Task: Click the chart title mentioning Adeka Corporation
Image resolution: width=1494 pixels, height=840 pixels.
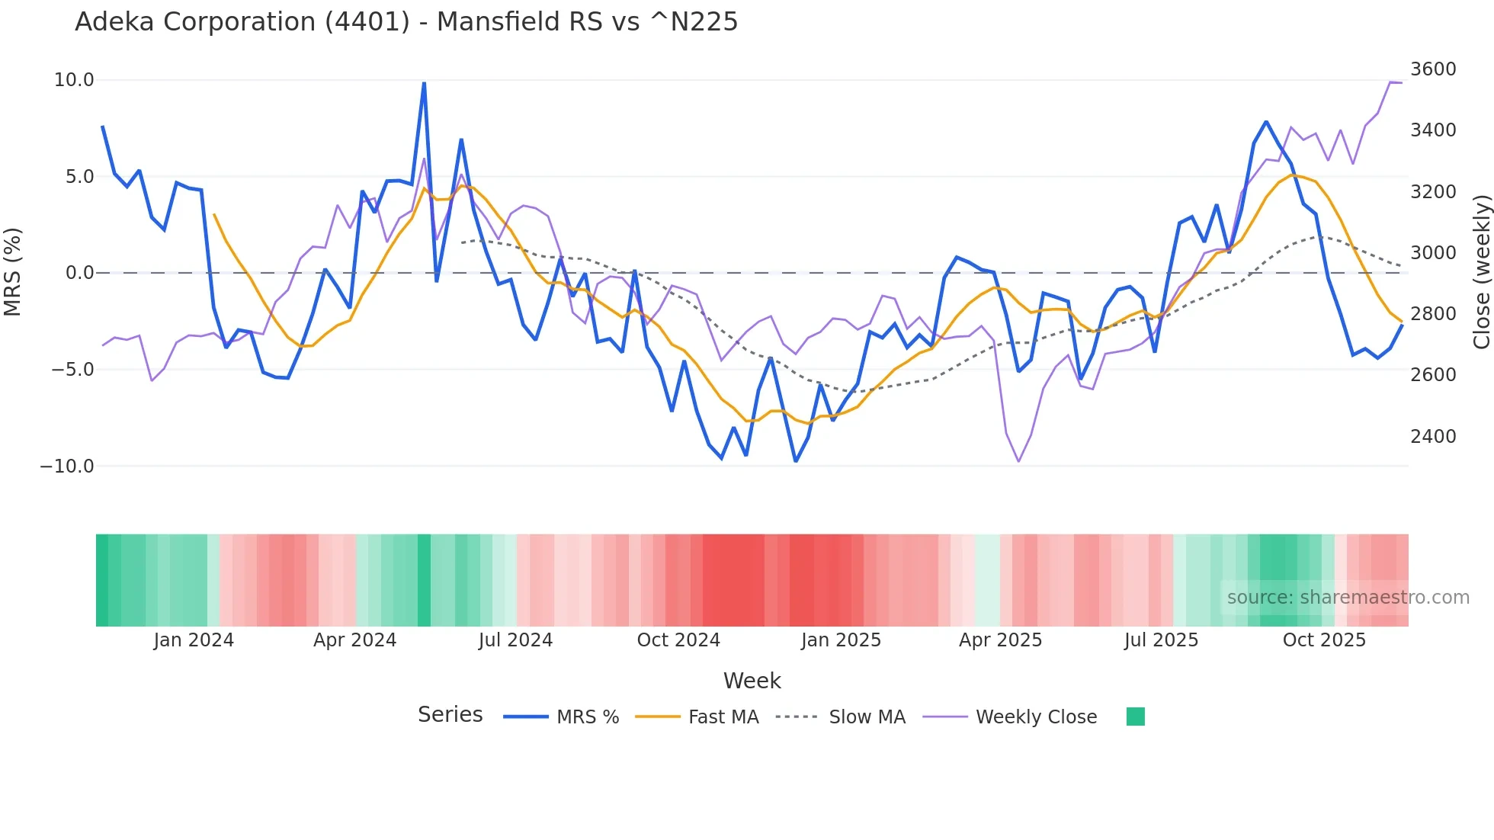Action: point(406,22)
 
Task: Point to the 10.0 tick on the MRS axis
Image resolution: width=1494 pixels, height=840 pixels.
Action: point(74,80)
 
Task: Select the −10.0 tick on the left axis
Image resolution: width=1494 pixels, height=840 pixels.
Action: point(67,466)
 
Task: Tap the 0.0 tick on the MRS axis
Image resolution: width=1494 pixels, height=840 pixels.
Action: point(79,273)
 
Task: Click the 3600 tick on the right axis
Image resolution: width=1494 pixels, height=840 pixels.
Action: point(1433,69)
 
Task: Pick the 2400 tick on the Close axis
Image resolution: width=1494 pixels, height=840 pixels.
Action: point(1433,437)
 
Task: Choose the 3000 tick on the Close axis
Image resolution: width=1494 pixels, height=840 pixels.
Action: point(1433,253)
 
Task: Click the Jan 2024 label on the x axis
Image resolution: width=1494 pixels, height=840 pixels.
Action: point(194,640)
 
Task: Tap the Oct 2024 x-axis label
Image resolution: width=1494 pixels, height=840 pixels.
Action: point(678,640)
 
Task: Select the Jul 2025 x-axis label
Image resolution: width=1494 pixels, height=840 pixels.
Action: point(1161,640)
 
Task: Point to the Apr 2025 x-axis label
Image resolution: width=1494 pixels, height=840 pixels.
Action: point(1000,640)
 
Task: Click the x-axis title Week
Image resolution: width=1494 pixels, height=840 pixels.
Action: point(752,681)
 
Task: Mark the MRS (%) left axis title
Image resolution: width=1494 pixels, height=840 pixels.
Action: point(13,271)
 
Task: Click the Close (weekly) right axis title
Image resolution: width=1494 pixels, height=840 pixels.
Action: point(1481,271)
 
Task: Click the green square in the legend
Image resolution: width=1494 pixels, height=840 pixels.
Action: point(1136,717)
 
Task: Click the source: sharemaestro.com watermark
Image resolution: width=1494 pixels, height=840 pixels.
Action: point(1348,598)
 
